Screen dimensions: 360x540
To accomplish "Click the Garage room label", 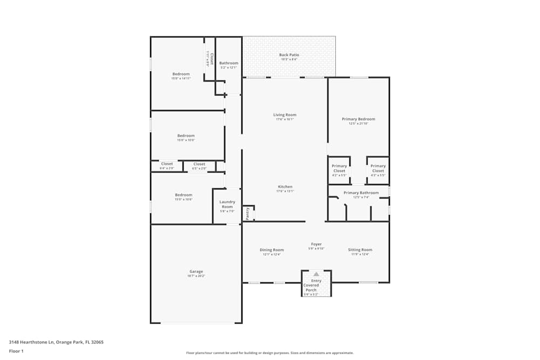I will click(x=196, y=271).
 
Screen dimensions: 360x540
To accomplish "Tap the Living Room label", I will click(x=285, y=115).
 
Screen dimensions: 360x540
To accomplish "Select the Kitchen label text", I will click(x=285, y=187).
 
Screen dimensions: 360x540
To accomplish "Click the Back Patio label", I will click(x=289, y=55).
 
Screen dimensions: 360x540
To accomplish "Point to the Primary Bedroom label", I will click(x=358, y=119).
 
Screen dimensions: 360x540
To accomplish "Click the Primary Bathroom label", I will click(x=361, y=193).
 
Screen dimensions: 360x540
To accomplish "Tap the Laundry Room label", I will click(x=227, y=205).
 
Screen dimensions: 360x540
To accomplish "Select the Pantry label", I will click(x=247, y=213).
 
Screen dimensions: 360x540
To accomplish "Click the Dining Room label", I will click(x=272, y=250).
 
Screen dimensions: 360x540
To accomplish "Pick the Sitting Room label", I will click(x=360, y=250).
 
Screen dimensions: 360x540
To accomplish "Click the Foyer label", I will click(x=316, y=244).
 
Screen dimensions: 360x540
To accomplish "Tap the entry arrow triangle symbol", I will click(x=316, y=274).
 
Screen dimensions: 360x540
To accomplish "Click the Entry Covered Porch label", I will click(x=312, y=286).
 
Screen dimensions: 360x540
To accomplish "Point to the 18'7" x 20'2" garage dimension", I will click(x=196, y=276).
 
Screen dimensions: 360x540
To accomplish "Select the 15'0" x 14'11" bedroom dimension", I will click(x=181, y=78).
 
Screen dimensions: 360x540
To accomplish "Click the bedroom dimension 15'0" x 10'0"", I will click(x=186, y=140).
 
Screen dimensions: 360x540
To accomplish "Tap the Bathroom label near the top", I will click(x=228, y=63).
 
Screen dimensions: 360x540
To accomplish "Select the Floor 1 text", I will click(x=16, y=351).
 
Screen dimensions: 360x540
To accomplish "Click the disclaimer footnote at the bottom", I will click(x=270, y=353).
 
